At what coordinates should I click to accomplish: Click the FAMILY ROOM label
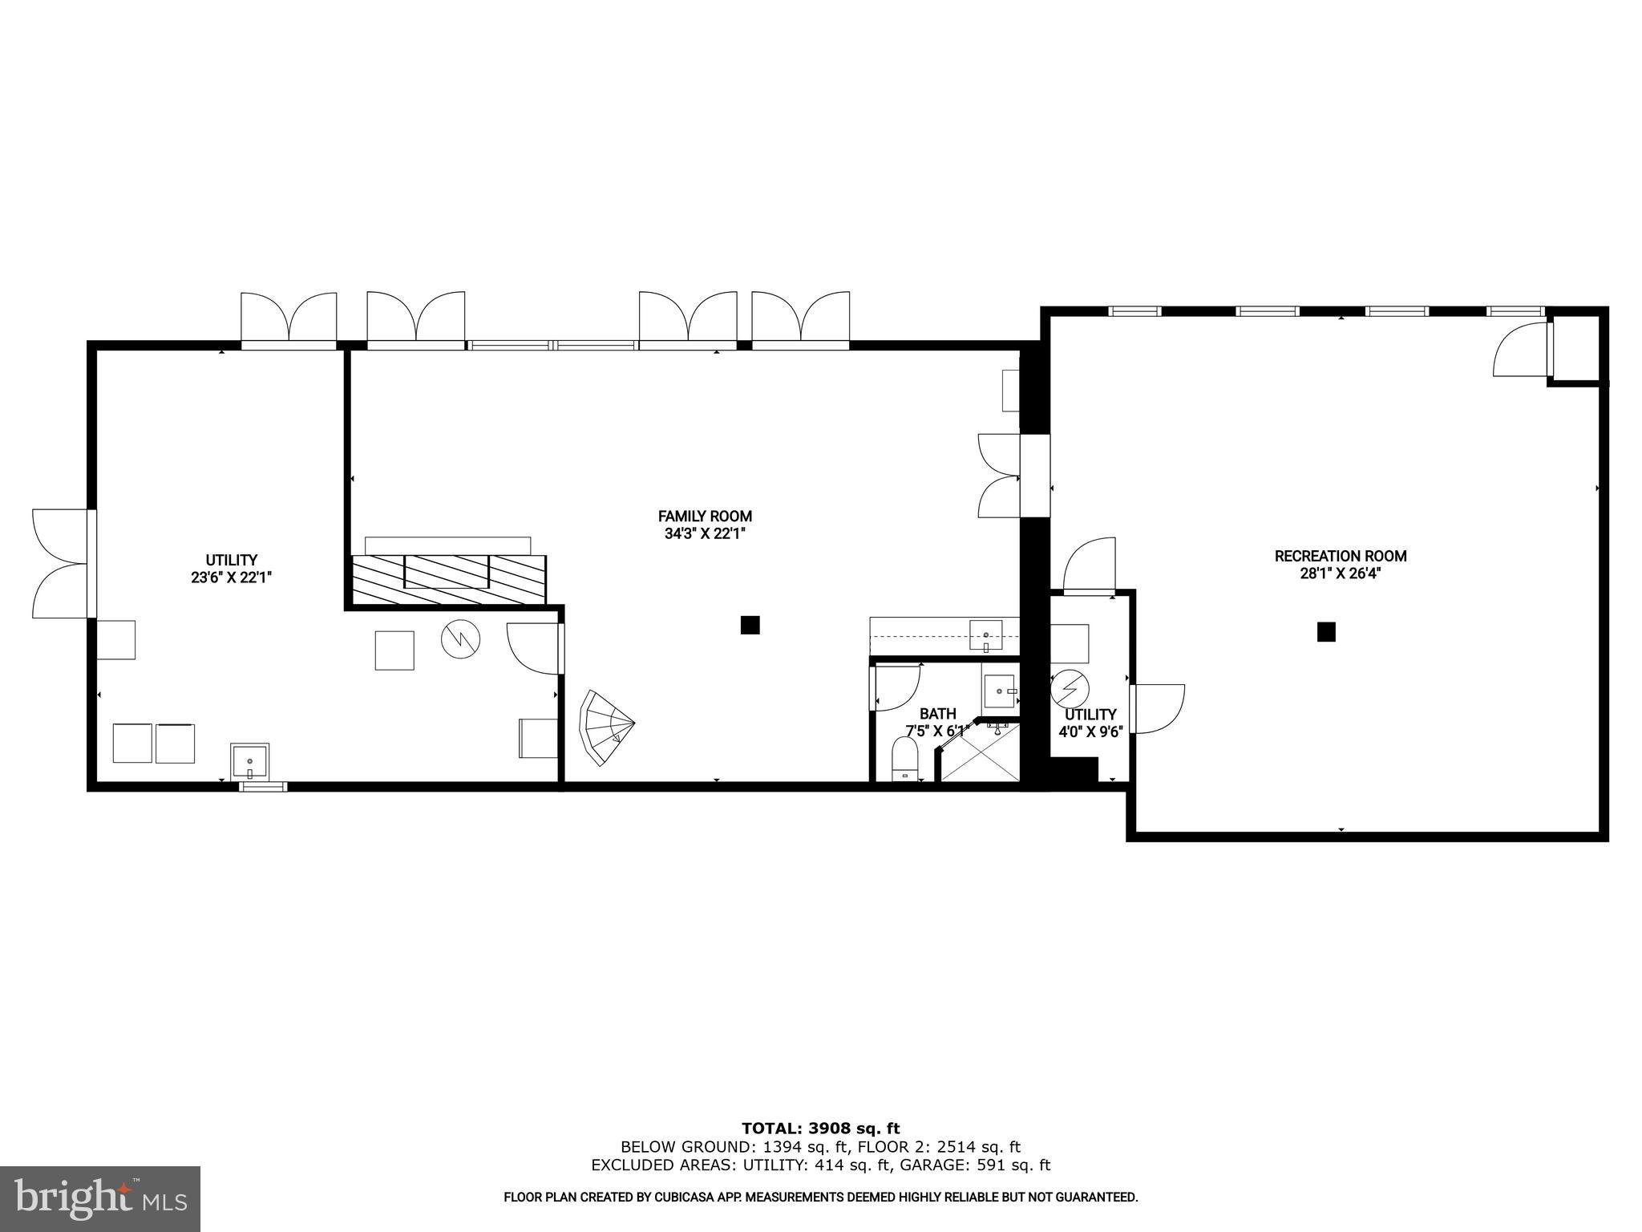[705, 517]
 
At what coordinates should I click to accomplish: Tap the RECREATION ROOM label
[1341, 556]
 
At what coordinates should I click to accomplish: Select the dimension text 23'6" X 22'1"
[232, 577]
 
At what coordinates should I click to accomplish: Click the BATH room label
[937, 713]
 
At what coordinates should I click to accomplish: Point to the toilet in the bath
[905, 758]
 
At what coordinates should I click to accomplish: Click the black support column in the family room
[750, 625]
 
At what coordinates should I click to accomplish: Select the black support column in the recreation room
[1326, 632]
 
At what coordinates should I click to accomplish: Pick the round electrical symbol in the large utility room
[460, 639]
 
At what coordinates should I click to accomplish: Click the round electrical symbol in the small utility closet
[1070, 688]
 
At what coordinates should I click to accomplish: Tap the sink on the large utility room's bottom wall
[250, 761]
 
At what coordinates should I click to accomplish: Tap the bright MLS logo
[99, 1199]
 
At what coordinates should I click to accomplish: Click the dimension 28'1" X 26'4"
[1341, 573]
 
